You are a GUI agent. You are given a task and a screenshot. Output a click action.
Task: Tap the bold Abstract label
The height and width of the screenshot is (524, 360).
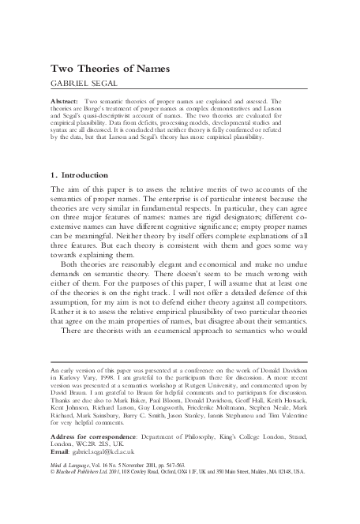click(66, 102)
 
